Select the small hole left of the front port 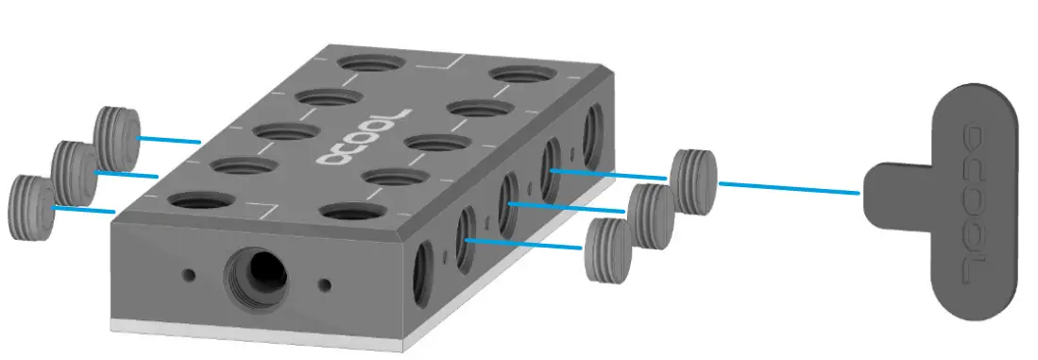pyautogui.click(x=190, y=275)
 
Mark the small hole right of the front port pyautogui.click(x=326, y=283)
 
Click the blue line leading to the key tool pyautogui.click(x=789, y=187)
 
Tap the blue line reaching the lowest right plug pyautogui.click(x=524, y=244)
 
